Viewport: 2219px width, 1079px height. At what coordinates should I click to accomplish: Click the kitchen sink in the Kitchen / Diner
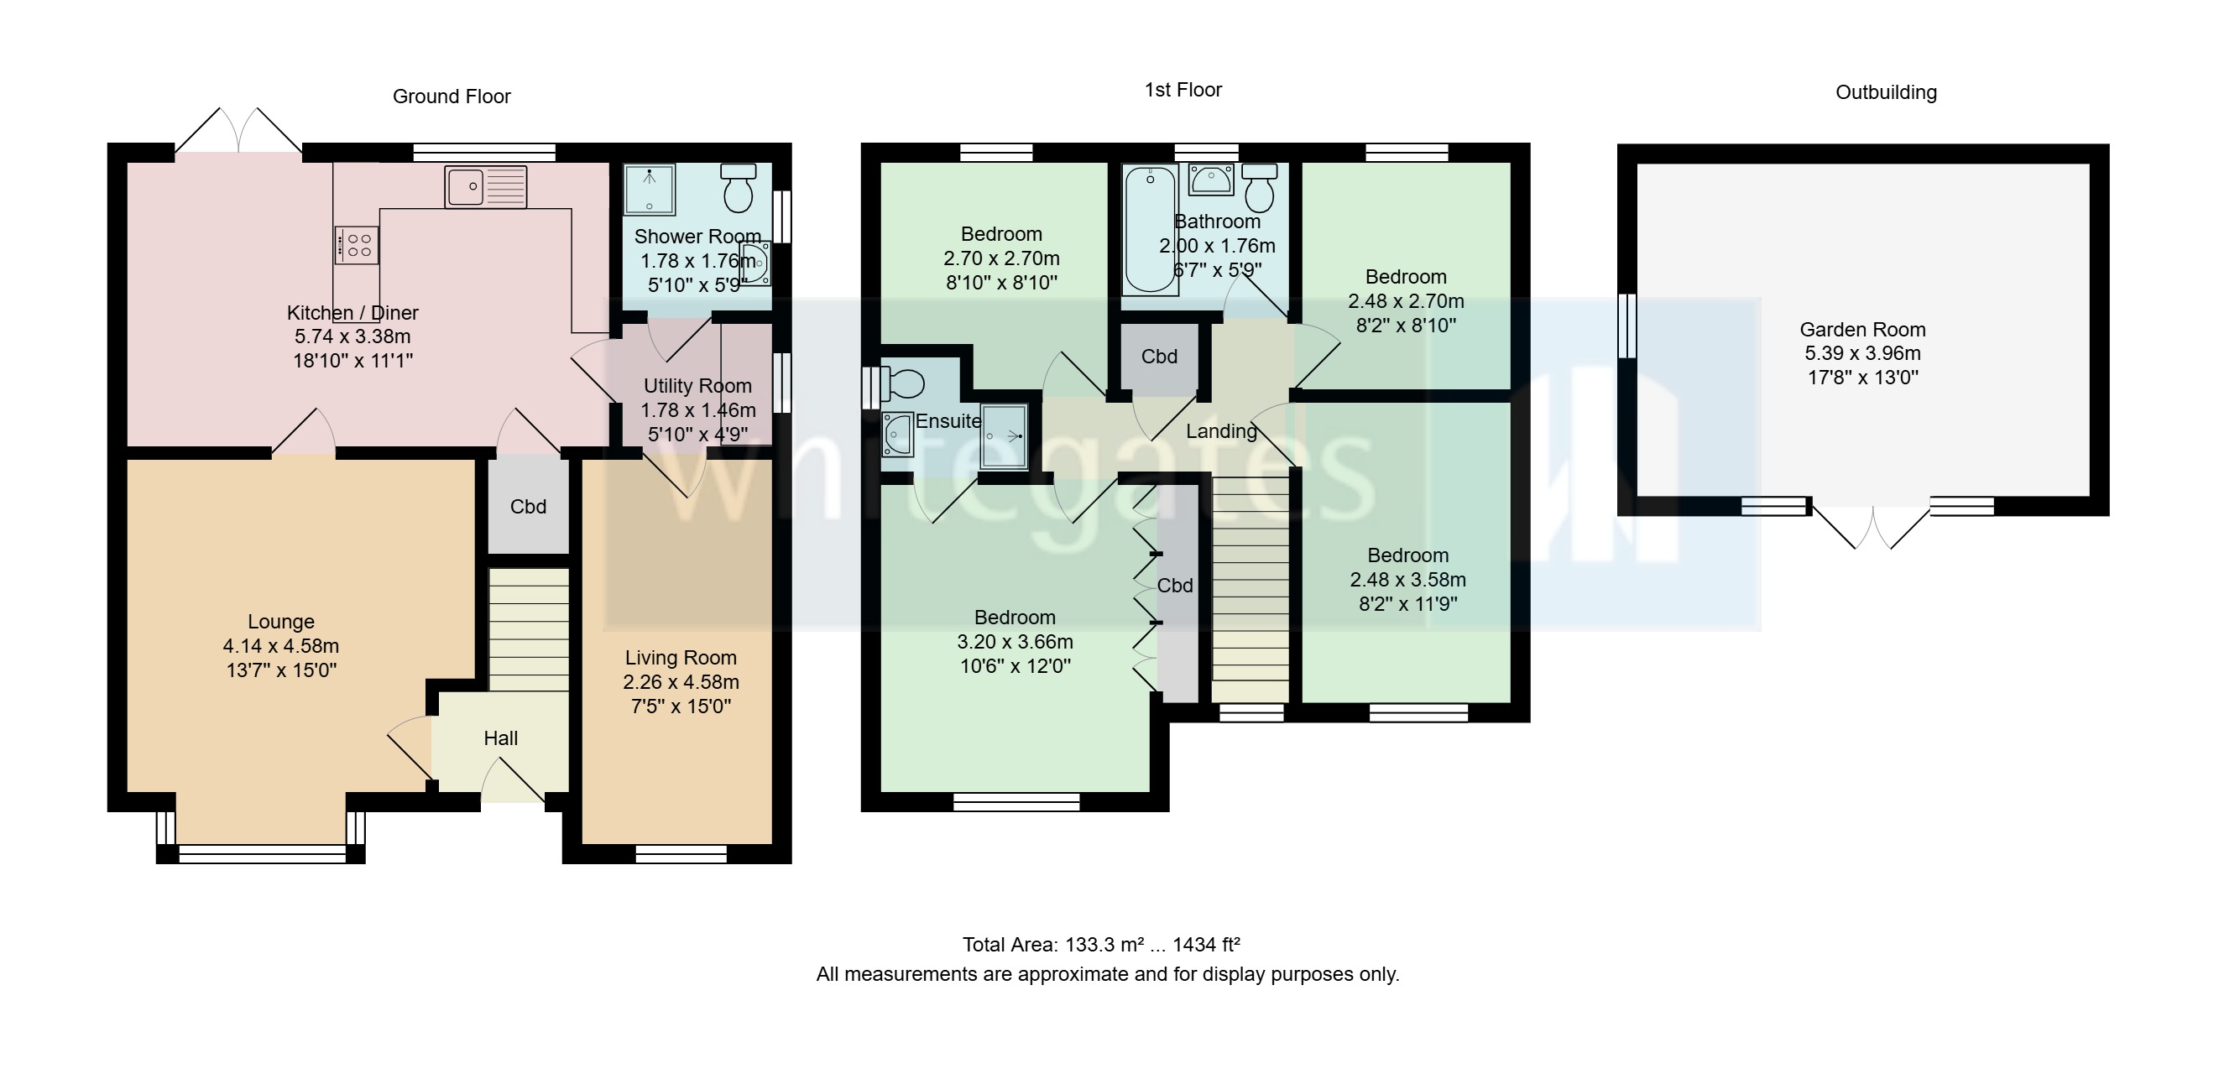click(485, 187)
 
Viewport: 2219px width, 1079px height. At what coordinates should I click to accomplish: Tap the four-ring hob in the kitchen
click(356, 243)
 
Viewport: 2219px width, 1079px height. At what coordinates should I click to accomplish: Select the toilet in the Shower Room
click(739, 189)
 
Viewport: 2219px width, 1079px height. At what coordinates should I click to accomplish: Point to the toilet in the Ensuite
click(903, 384)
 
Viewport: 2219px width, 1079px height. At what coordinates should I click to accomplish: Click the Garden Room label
click(1861, 330)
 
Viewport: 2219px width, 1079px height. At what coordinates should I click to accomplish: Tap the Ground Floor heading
click(452, 96)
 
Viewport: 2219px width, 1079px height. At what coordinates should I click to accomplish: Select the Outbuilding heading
click(1886, 92)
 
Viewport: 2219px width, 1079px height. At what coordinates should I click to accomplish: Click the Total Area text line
click(1100, 945)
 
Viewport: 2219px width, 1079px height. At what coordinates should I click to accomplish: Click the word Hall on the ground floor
click(500, 738)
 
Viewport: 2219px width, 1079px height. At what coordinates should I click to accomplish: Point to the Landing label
click(1220, 431)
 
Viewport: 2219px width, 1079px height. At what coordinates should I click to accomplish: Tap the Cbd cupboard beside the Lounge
click(528, 506)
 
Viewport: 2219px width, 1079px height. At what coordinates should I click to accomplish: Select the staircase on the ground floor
click(528, 628)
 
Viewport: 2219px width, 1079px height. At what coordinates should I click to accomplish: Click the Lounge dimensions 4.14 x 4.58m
click(281, 646)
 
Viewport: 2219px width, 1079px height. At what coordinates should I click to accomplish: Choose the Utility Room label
click(697, 386)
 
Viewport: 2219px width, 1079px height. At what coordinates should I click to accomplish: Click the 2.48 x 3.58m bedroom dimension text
click(1407, 580)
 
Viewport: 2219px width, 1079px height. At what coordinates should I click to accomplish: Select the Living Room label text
click(681, 658)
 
